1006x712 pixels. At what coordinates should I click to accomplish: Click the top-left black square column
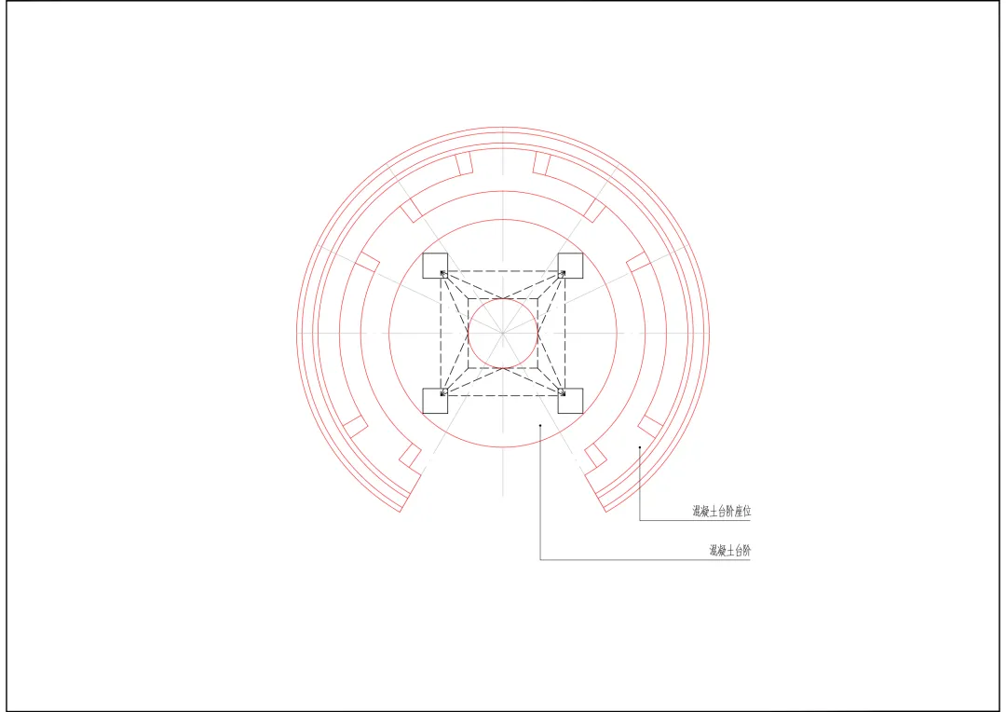[x=435, y=266]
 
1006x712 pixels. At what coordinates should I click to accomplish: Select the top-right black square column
[x=570, y=266]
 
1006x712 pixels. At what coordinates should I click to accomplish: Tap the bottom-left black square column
[x=435, y=401]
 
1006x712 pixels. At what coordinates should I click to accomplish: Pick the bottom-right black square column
[x=570, y=401]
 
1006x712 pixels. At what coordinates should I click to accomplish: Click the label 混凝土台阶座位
[x=721, y=512]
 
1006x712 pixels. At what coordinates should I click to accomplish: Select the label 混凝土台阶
[x=729, y=551]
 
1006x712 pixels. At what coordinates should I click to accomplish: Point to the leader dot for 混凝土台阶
[x=540, y=425]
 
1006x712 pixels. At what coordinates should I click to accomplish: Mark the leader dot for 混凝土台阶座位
[x=640, y=446]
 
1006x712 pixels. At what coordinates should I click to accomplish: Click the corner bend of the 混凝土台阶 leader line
[x=540, y=559]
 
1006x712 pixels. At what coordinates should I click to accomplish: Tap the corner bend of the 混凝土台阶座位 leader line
[x=640, y=520]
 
